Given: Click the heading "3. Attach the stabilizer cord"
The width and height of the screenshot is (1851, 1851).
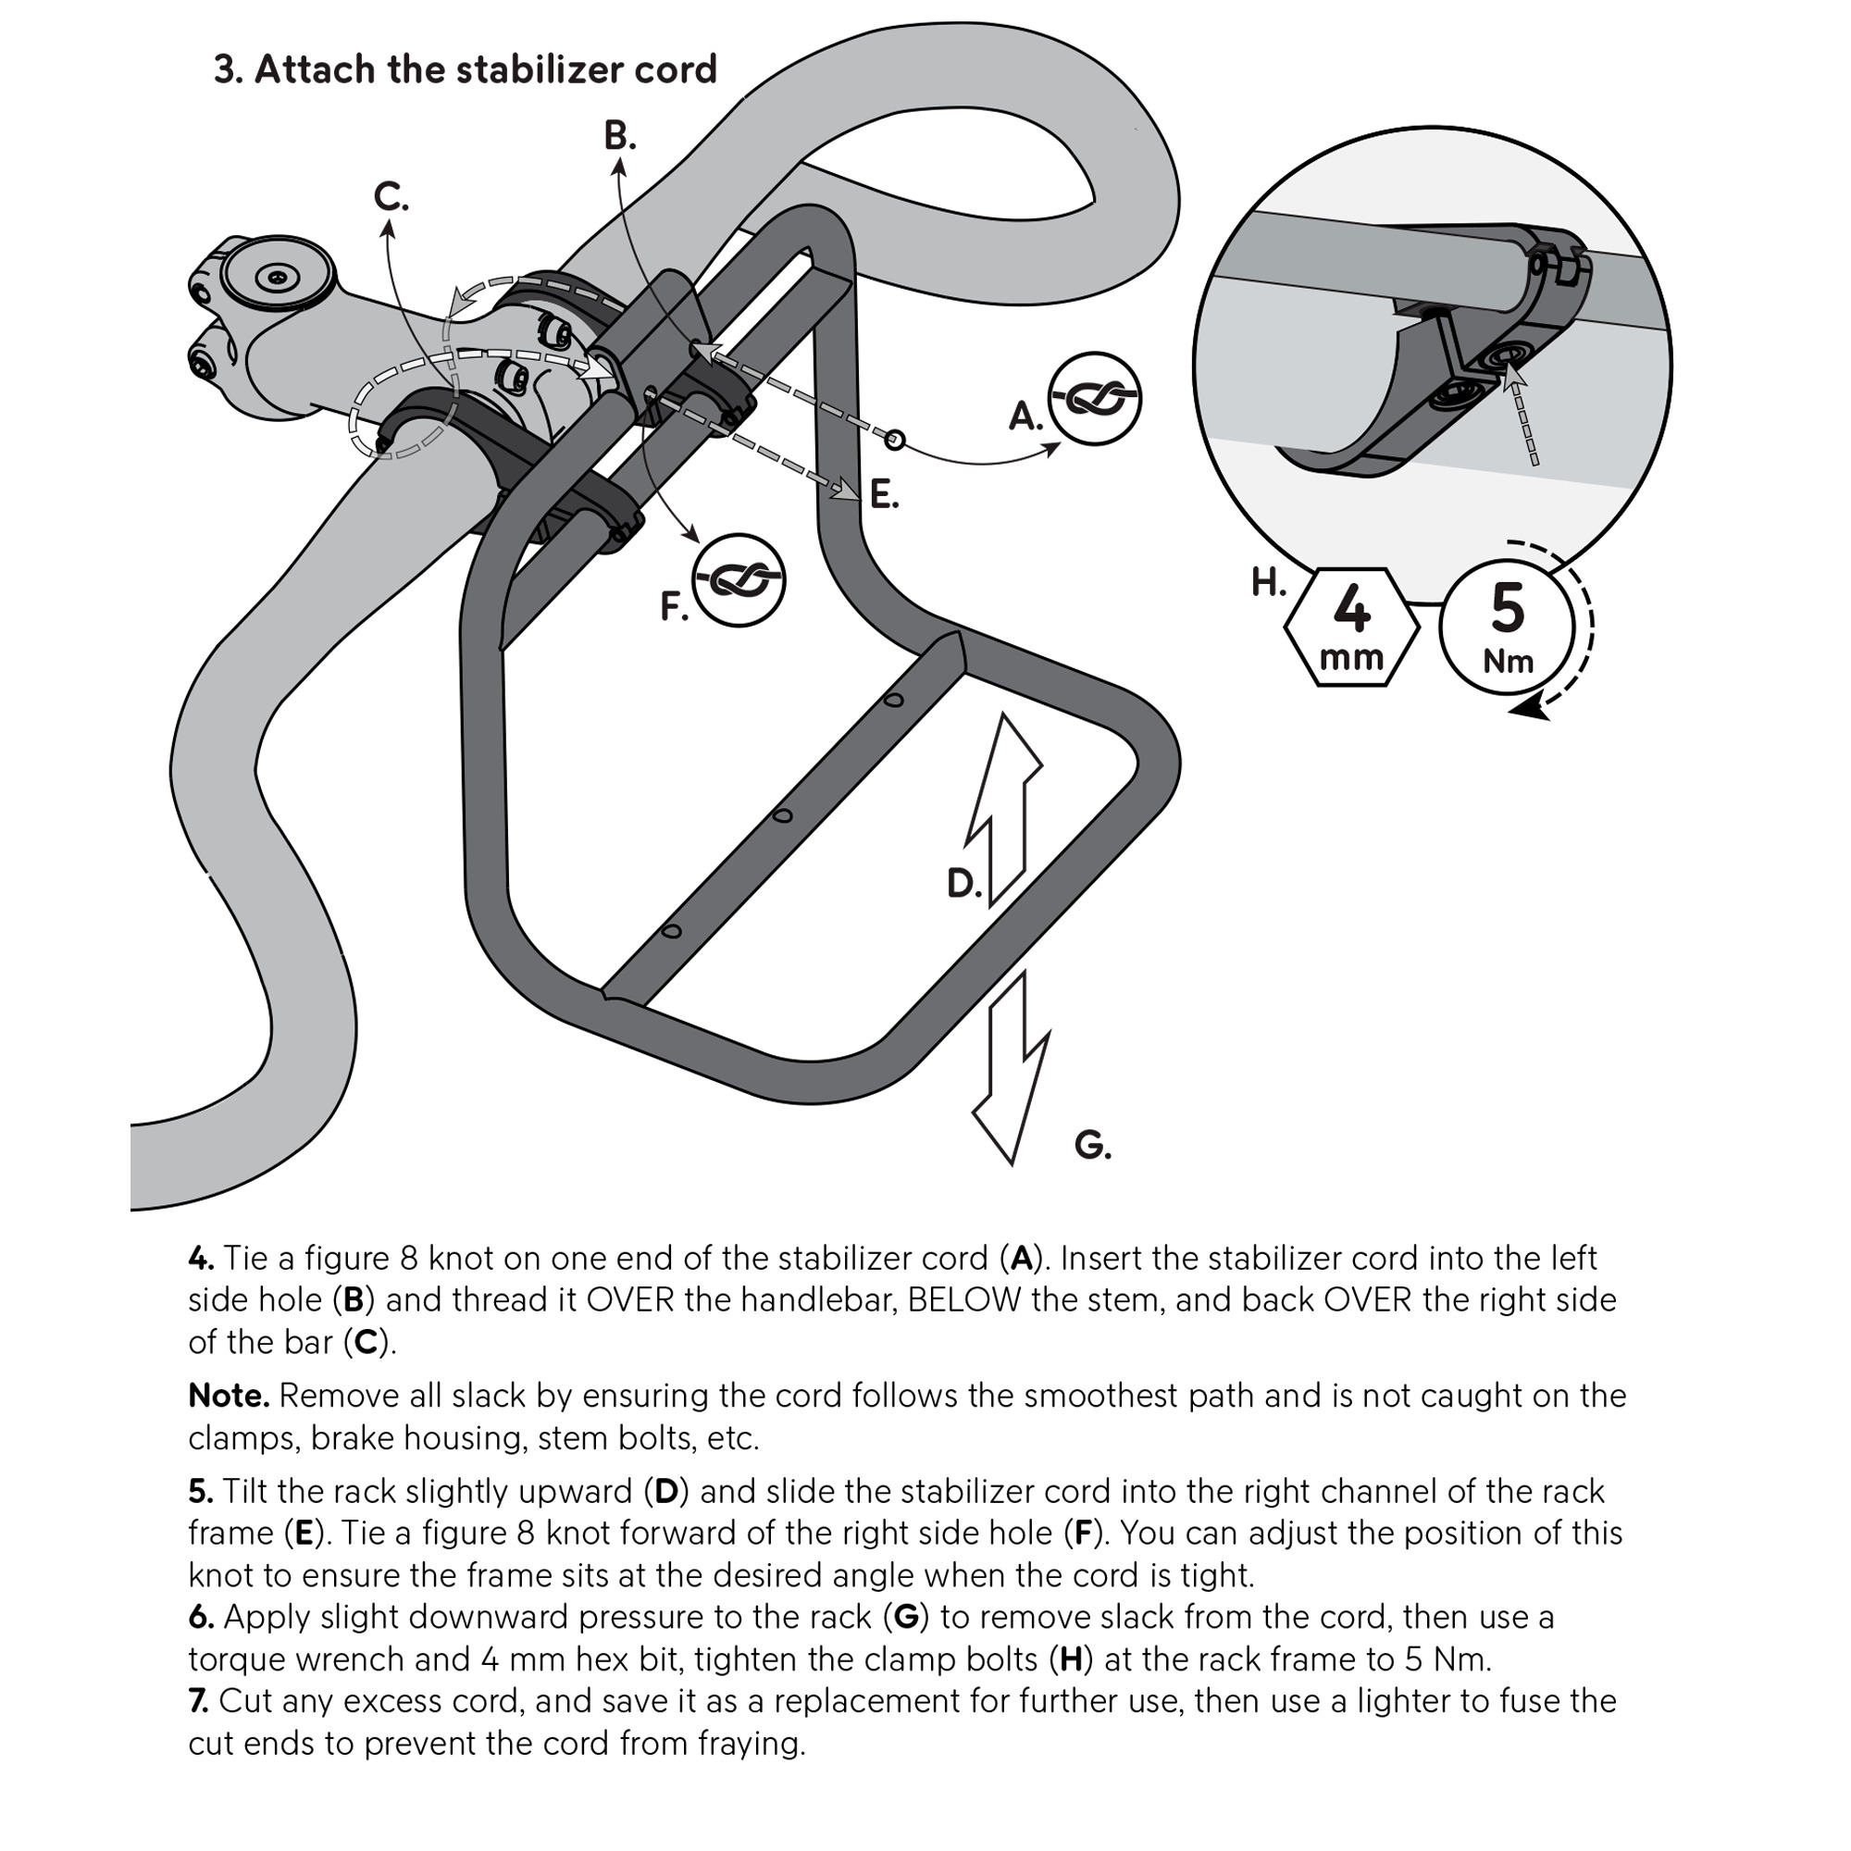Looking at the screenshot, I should pos(465,70).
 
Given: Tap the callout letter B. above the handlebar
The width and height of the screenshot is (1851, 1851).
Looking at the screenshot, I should pos(619,137).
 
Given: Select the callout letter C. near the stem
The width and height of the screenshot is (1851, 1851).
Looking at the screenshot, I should pos(390,197).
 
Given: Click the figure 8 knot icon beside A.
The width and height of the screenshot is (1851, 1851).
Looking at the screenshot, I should pos(1094,399).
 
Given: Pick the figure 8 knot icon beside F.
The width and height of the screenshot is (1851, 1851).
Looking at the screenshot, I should pos(739,579).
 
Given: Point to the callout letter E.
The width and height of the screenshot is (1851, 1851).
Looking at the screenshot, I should pos(883,495).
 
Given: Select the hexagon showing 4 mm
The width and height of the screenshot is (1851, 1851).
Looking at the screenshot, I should pos(1351,627).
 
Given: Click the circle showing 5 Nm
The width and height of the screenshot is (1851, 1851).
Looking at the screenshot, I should pos(1506,628).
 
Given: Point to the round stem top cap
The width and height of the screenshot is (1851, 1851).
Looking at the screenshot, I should pos(277,277).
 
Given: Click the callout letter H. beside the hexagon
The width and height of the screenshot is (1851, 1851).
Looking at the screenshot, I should pos(1269,581).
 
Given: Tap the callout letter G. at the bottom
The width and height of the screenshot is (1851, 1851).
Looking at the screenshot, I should pos(1092,1144).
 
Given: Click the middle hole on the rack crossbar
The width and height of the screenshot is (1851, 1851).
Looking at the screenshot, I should pos(783,816).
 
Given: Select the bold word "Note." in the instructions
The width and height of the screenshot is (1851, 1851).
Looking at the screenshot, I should pos(229,1396).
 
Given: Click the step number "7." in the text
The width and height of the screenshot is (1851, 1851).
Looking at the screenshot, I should pos(198,1700).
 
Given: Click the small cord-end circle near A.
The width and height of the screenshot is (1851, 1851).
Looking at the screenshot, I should pos(895,440).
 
